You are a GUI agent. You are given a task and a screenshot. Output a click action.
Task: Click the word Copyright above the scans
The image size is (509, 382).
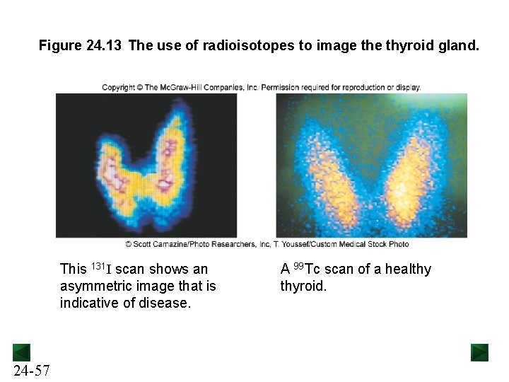[x=118, y=88]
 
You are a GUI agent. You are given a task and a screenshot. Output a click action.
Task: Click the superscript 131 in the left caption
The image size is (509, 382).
[x=99, y=265]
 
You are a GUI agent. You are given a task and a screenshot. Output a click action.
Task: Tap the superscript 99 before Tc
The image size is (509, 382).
[x=298, y=265]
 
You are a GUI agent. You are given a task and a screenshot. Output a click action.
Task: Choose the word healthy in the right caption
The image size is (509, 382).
[x=408, y=270]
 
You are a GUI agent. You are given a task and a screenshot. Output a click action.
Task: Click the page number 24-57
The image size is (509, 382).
[x=30, y=371]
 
